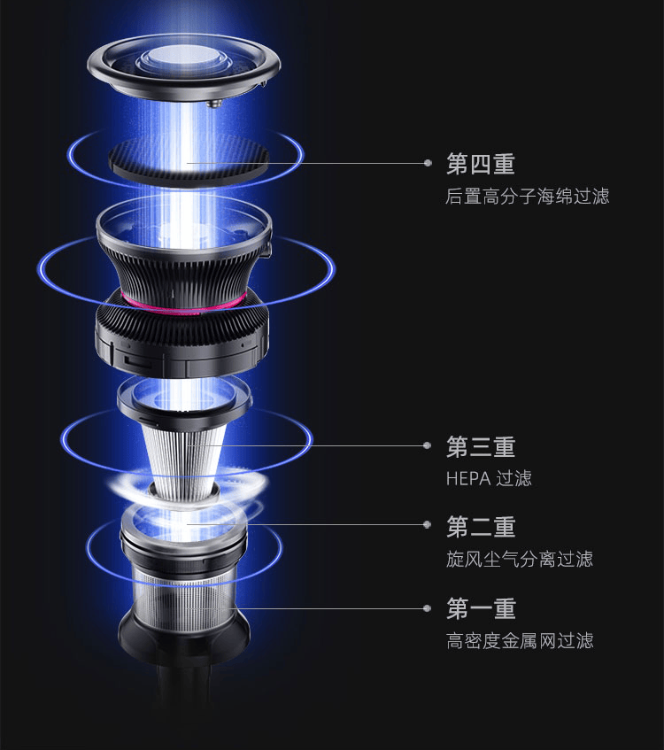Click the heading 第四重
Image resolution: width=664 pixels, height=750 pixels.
point(481,164)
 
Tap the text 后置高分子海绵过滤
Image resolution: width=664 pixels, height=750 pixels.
point(527,196)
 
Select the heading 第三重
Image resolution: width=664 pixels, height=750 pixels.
point(481,446)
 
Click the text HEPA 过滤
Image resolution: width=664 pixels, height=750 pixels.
point(489,478)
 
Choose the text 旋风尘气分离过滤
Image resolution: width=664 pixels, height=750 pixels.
point(519,559)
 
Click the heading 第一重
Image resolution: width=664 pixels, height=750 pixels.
point(481,608)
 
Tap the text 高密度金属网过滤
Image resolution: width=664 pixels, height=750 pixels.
point(519,640)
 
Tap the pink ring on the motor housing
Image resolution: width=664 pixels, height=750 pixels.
point(186,299)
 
